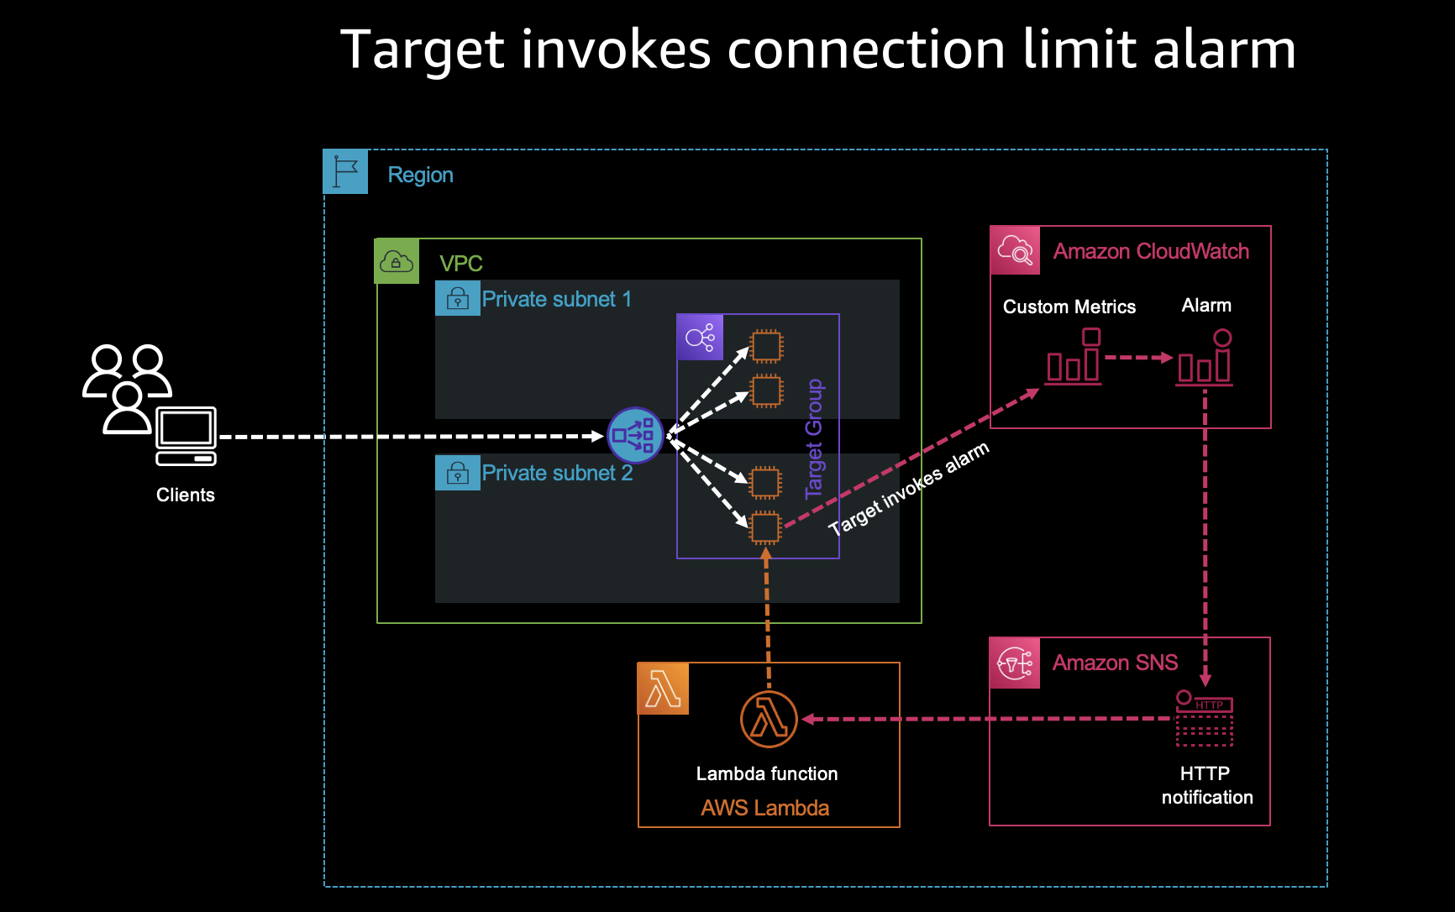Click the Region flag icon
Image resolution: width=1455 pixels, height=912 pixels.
click(345, 172)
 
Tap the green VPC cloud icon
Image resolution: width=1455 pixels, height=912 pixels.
click(397, 261)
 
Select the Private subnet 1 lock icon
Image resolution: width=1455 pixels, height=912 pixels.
click(457, 299)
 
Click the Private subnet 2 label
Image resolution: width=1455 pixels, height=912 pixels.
click(557, 473)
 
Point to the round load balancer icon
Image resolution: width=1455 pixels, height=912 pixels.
click(635, 435)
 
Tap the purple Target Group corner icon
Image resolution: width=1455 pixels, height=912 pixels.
click(700, 338)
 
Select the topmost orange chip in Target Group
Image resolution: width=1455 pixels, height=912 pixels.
click(766, 345)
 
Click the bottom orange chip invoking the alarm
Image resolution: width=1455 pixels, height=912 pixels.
click(765, 527)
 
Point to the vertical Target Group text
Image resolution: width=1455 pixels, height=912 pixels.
click(814, 439)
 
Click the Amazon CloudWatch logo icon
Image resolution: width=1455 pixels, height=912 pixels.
click(1015, 250)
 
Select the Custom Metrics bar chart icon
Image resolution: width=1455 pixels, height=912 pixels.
click(1073, 358)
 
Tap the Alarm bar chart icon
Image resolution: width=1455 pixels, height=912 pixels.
click(1205, 359)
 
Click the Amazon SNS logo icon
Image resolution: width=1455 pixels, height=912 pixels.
click(1015, 663)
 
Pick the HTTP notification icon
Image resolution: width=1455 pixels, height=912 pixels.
click(1204, 719)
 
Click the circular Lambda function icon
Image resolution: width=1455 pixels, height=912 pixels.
click(769, 719)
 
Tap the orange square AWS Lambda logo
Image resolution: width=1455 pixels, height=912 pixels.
click(664, 689)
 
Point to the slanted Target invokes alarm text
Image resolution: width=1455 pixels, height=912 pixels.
click(909, 489)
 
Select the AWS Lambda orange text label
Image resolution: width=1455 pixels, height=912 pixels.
click(764, 808)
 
